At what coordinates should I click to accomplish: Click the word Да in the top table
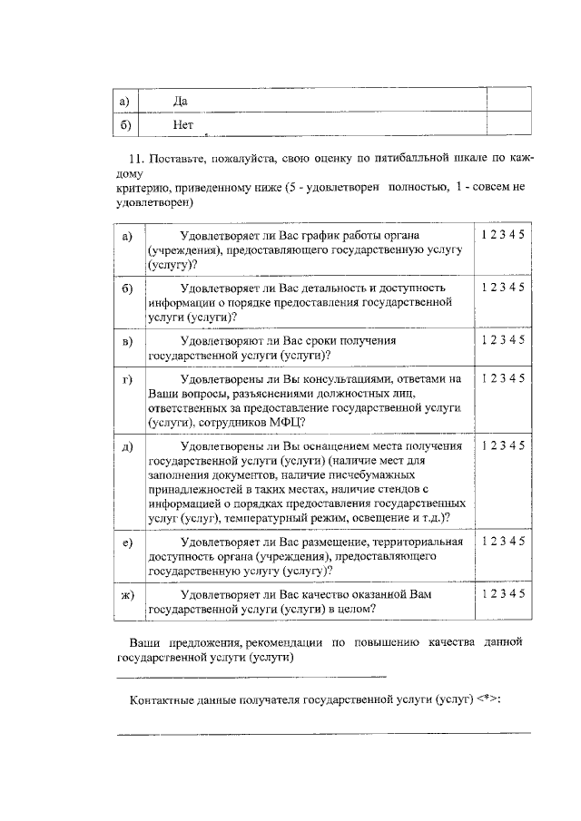(x=179, y=101)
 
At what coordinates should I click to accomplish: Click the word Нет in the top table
(x=182, y=124)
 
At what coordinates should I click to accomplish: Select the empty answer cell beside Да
(x=507, y=101)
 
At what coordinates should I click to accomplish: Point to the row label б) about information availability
(x=127, y=288)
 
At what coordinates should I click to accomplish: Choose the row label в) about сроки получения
(x=127, y=340)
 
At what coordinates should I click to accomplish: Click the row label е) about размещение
(x=127, y=542)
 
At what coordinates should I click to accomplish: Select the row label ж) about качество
(x=127, y=594)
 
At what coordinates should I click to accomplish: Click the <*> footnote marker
(x=487, y=700)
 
